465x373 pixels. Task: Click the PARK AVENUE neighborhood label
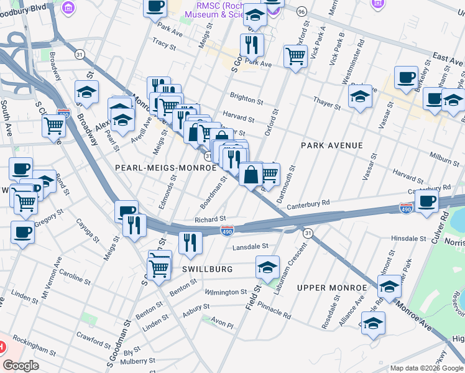pos(331,145)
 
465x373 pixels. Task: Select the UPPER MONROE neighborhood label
pos(332,288)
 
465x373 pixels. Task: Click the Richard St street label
pos(209,219)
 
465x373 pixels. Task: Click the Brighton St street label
pos(247,96)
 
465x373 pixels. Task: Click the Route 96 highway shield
pos(302,12)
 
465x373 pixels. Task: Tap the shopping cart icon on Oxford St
pos(296,56)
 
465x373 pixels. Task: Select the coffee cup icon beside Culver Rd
pos(428,201)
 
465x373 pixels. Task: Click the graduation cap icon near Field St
pos(267,268)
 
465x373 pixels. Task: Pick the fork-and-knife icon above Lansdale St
pos(190,242)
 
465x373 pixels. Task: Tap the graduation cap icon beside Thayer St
pos(360,96)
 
